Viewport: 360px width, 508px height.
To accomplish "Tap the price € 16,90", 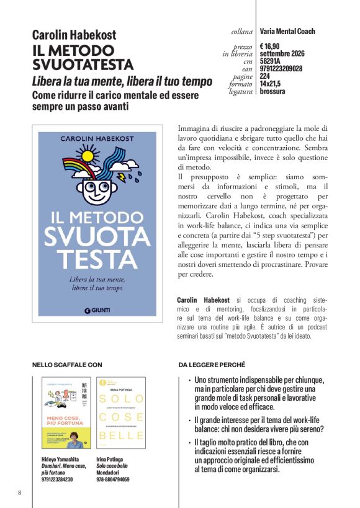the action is click(x=270, y=46).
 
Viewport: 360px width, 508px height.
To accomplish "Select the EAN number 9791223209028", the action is click(x=281, y=69).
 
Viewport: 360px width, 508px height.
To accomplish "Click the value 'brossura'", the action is click(x=272, y=91).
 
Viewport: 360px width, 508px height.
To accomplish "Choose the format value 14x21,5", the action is click(x=270, y=84).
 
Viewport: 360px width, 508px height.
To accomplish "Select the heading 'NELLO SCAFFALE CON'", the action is click(x=66, y=365).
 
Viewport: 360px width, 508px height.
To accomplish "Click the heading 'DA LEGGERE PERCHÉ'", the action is click(x=212, y=365).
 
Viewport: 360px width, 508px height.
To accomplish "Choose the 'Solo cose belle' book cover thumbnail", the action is click(x=121, y=412).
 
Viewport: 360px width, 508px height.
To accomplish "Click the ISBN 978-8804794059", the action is click(x=113, y=479).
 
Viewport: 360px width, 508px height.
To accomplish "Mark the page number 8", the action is click(x=19, y=492).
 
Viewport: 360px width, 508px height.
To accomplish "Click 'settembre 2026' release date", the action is click(x=281, y=53).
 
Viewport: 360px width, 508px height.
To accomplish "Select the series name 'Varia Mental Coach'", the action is click(x=287, y=31).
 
